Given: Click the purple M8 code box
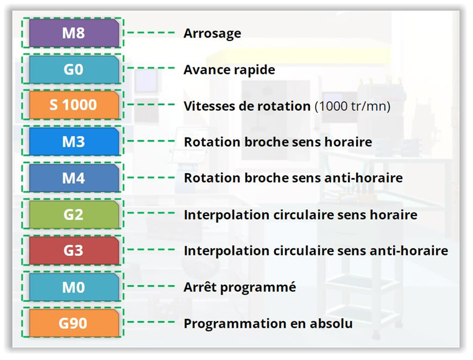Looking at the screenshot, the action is [x=74, y=33].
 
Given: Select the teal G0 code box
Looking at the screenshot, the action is [x=74, y=69].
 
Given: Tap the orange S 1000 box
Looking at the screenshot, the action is [x=74, y=105].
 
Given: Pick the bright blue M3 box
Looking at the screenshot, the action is [x=74, y=142].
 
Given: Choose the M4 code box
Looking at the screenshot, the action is [x=74, y=178].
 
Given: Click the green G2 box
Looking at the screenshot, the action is [x=74, y=214].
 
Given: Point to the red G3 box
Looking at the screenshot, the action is [x=74, y=250].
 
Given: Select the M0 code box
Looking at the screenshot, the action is [x=74, y=287].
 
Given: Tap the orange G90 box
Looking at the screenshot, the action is [x=74, y=323].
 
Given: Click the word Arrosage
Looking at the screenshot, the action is [x=212, y=34].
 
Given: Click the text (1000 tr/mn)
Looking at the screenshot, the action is [x=352, y=106].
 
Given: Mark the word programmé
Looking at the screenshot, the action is [x=258, y=287].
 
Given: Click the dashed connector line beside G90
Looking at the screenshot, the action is [x=151, y=322].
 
